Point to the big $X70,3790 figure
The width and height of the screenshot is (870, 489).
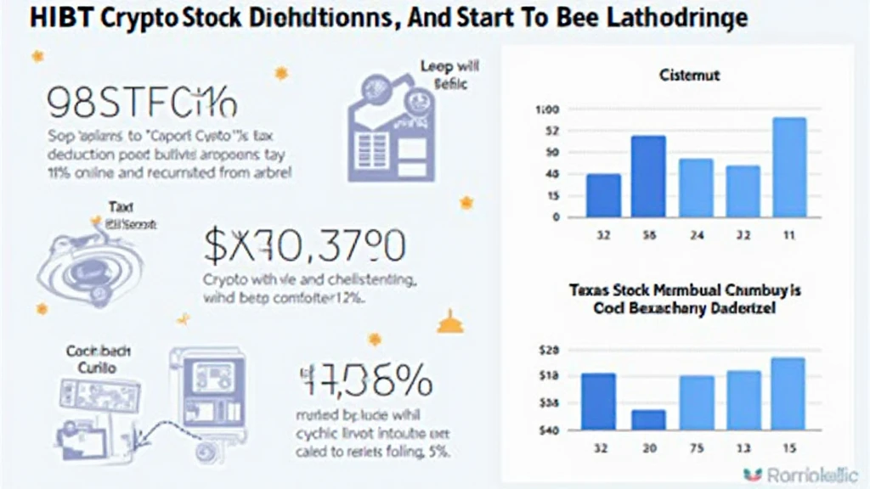pos(304,246)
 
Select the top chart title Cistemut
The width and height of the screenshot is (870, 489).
pos(689,76)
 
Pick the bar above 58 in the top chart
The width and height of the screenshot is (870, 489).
pos(649,177)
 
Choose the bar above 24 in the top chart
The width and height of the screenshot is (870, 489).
pos(696,188)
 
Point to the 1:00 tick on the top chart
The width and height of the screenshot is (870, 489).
pos(547,110)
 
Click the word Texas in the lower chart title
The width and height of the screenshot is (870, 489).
pos(589,290)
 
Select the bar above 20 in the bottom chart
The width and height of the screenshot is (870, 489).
pos(649,419)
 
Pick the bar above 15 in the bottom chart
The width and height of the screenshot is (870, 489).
pos(788,393)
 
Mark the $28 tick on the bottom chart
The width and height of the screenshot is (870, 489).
pos(549,350)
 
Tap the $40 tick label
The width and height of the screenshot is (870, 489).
pos(549,430)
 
